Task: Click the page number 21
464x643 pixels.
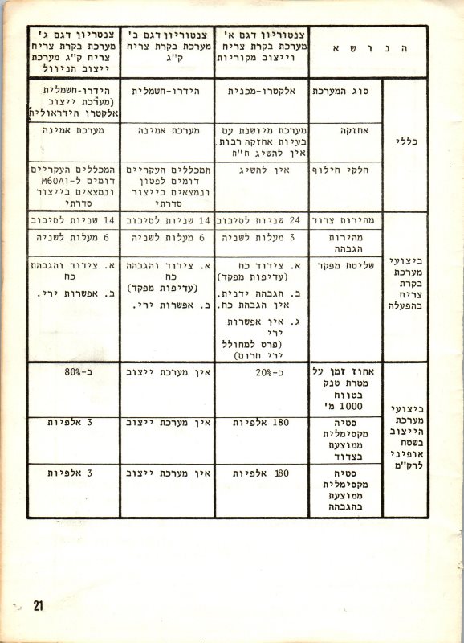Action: tap(38, 605)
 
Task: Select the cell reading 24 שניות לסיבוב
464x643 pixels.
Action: tap(261, 219)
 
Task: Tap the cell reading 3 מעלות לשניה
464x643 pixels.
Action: tap(261, 237)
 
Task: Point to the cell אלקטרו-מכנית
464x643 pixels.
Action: tap(261, 92)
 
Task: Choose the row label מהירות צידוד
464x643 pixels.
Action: tap(345, 219)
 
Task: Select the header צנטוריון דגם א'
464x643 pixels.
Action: tap(261, 35)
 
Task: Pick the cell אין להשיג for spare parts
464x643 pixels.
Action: tap(261, 170)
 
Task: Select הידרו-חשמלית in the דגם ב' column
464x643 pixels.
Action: tap(166, 92)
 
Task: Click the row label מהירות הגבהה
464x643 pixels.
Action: tap(345, 244)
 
